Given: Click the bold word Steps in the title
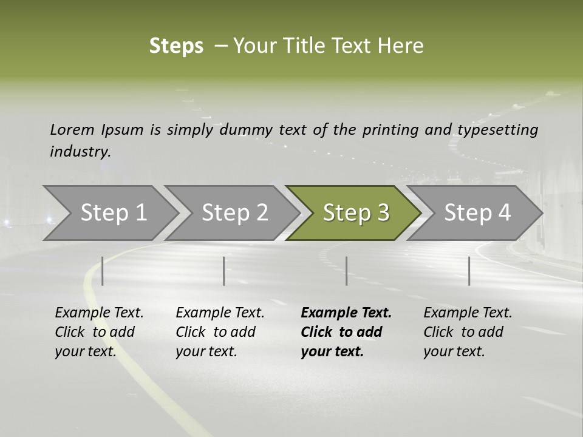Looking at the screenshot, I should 176,46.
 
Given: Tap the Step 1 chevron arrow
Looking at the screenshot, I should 113,212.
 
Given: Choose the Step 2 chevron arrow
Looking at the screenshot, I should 234,212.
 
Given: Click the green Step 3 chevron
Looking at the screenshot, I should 355,212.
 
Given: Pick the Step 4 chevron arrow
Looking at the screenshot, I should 477,212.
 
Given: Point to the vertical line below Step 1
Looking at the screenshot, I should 102,271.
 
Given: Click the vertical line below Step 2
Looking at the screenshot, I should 224,271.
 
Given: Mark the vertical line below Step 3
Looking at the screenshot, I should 346,271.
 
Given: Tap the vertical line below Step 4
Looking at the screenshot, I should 469,271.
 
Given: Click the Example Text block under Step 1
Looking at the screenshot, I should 99,332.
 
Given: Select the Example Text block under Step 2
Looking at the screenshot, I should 220,332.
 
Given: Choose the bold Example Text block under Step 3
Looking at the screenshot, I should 346,332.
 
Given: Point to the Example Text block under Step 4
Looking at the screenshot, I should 468,332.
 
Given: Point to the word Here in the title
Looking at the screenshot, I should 403,46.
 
